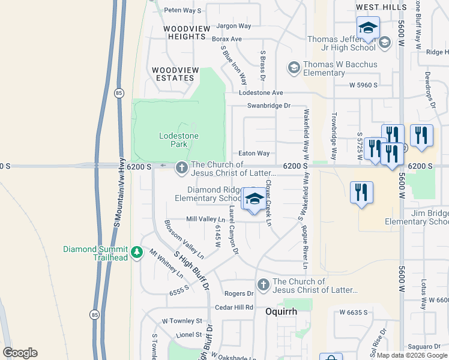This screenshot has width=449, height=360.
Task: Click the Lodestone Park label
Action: tap(178, 140)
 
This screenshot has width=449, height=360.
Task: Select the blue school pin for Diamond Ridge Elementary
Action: tap(254, 199)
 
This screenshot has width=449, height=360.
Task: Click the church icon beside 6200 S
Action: tap(181, 169)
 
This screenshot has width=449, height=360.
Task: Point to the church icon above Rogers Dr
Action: tap(262, 285)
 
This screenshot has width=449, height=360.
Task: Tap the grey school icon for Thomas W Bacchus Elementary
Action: tap(294, 68)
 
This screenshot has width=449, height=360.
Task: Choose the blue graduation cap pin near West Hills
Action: tap(368, 28)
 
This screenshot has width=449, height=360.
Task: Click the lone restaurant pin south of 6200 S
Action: tap(361, 193)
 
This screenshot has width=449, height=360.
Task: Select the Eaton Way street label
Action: tap(254, 154)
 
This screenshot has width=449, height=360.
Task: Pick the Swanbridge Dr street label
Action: tap(269, 106)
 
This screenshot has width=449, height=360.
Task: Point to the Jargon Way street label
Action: tap(234, 26)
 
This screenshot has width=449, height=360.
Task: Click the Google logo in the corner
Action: tap(20, 353)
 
